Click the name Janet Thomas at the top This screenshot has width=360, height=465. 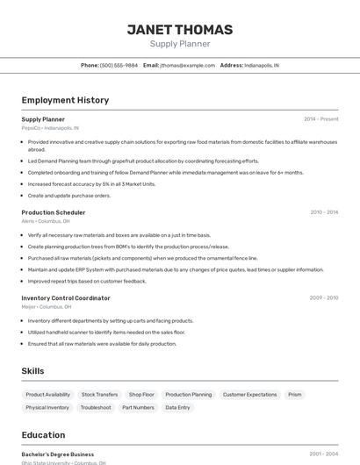(x=179, y=30)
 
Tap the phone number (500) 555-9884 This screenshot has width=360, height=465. (x=119, y=65)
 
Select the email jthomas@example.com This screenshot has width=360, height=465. (x=187, y=65)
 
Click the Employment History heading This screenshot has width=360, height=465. (x=65, y=100)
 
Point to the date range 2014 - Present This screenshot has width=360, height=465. (x=320, y=119)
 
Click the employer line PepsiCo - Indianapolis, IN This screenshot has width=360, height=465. (x=50, y=128)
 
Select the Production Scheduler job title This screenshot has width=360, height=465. (x=54, y=212)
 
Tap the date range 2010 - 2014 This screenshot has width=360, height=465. (x=323, y=212)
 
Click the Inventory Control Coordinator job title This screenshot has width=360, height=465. (x=66, y=298)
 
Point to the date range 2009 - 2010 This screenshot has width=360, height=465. (x=323, y=298)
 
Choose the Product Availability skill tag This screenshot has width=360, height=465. (x=48, y=395)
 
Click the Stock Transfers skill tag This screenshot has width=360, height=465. (x=99, y=395)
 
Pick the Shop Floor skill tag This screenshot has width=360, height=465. (x=141, y=395)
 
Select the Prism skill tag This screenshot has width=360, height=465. (x=295, y=395)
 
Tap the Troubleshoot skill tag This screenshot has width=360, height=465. (x=96, y=408)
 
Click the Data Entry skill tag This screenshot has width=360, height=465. (x=177, y=408)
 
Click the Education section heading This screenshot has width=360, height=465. (x=43, y=435)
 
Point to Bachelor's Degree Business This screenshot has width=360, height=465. (x=58, y=454)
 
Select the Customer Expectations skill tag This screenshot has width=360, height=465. (x=249, y=395)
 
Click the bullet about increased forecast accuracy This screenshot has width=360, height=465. (x=91, y=184)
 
